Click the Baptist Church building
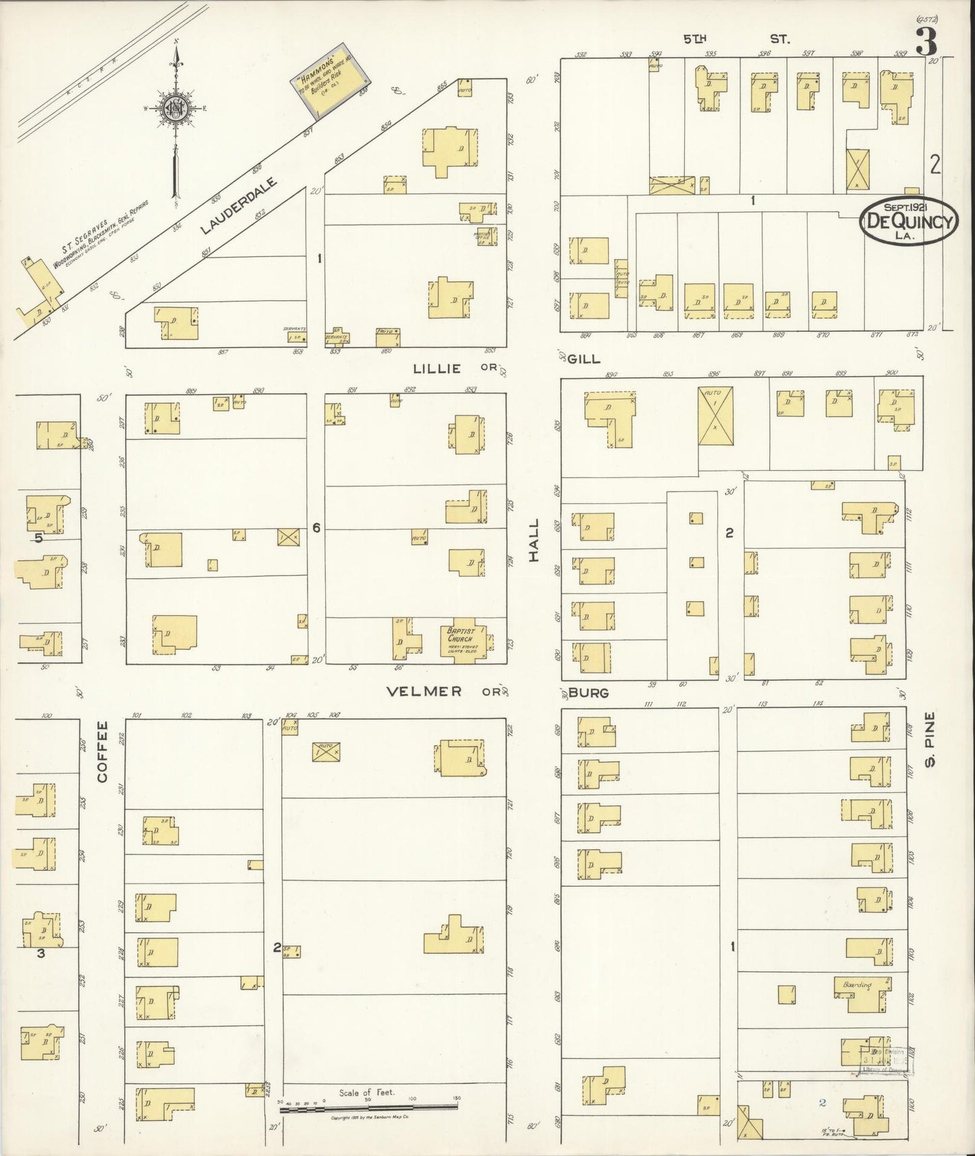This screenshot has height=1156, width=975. tap(463, 637)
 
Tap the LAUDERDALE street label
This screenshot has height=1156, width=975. tap(240, 206)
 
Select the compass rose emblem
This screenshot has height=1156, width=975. tap(174, 109)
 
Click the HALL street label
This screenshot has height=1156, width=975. tap(534, 540)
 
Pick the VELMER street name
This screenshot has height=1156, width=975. tap(424, 691)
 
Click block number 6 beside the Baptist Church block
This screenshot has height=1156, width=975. tap(316, 527)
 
